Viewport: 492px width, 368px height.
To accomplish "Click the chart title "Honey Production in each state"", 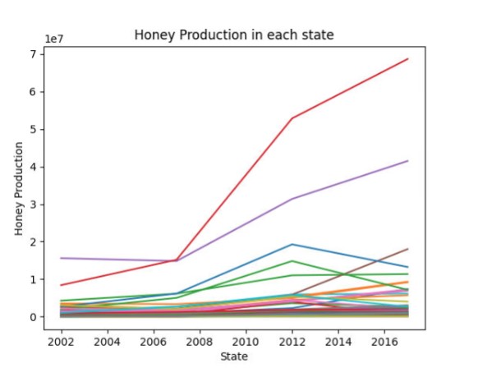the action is pos(234,34).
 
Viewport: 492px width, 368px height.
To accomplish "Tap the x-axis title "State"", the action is pos(234,356).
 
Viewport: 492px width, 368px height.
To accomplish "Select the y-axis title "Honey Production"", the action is pos(19,188).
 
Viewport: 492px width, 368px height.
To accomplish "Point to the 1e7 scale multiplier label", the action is pos(54,39).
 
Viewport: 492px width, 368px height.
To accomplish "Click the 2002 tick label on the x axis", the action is pos(61,342).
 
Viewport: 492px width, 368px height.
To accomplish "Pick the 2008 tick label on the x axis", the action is pos(200,342).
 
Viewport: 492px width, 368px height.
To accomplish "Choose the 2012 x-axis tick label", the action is pos(292,342).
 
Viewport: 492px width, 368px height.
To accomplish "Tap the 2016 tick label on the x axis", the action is pos(384,342).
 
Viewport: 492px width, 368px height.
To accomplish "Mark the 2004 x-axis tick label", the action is pos(107,342).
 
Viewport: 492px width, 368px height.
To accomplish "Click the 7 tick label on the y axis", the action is pos(33,54).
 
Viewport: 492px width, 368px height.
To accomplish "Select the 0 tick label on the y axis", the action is pos(33,317).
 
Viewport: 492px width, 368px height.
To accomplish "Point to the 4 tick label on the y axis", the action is pos(33,167).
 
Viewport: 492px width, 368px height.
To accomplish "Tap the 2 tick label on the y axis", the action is pos(33,241).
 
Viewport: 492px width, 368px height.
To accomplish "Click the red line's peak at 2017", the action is pos(408,58).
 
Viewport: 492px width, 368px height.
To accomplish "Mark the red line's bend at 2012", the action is pos(292,118).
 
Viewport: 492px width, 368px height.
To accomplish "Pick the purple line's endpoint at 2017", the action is pos(408,161).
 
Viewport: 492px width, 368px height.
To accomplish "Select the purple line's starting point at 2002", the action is pos(61,258).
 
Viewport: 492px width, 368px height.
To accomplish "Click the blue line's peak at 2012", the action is pos(292,245).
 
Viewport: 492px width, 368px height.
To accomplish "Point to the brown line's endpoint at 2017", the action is pos(408,249).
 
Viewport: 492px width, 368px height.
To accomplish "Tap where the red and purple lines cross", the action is pos(175,260).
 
